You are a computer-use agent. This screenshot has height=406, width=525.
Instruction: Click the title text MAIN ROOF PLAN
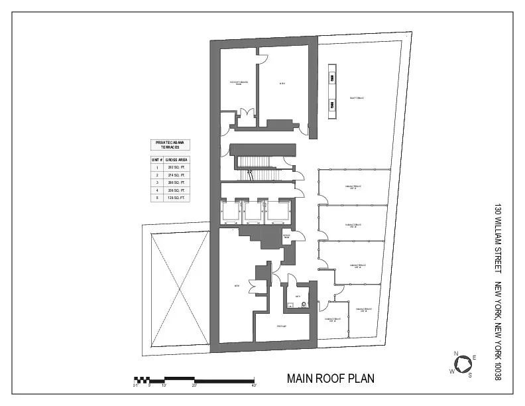330,379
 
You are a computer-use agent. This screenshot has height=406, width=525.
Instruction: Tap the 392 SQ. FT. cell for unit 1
176,168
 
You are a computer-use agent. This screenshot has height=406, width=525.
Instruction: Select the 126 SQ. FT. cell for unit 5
176,197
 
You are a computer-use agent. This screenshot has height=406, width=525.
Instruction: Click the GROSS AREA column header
176,160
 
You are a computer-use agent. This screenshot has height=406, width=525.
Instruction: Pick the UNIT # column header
157,160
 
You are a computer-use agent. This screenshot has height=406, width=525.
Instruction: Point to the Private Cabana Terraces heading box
170,145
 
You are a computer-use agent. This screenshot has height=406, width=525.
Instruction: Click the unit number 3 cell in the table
157,182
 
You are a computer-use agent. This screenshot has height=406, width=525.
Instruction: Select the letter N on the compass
456,353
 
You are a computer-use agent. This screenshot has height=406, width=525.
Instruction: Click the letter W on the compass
452,371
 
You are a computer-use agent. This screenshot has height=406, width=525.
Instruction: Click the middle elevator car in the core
253,212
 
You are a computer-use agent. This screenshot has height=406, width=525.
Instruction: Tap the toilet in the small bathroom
304,304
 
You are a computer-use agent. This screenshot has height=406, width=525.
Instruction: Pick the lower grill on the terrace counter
331,104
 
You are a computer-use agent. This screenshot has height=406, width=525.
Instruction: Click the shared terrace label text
357,98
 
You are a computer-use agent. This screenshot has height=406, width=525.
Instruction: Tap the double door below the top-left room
247,117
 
